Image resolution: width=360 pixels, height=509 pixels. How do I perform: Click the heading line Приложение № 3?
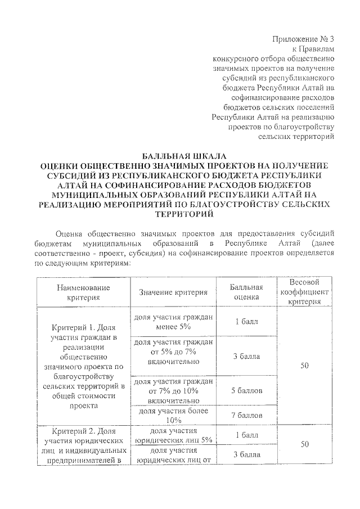click(303, 39)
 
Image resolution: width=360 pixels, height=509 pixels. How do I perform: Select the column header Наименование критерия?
click(83, 292)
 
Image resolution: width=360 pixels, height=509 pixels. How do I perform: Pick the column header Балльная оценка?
click(246, 292)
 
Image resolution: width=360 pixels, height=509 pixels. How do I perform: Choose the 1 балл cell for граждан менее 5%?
click(246, 322)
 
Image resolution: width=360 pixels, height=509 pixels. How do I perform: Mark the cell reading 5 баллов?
click(246, 390)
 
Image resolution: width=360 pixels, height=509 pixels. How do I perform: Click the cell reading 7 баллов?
click(246, 416)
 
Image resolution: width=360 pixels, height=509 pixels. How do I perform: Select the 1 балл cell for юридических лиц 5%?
click(246, 435)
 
